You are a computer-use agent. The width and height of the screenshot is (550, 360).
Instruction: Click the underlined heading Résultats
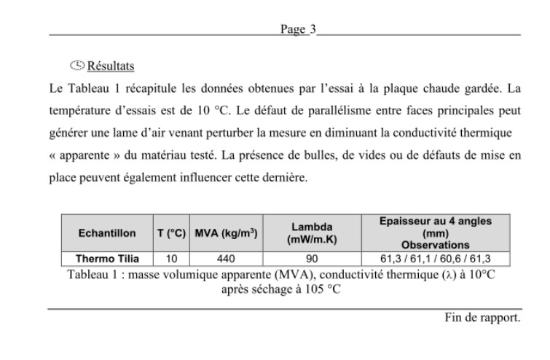point(111,66)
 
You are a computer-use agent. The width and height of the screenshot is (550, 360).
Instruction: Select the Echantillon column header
point(106,233)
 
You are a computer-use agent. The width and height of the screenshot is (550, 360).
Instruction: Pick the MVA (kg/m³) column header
point(226,233)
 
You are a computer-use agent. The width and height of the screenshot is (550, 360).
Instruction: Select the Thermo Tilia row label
point(107,259)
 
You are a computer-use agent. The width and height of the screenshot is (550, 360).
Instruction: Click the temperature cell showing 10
point(172,259)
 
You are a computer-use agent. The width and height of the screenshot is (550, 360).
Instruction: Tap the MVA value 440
point(226,259)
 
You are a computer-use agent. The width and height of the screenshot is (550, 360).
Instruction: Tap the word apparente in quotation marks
point(90,156)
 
